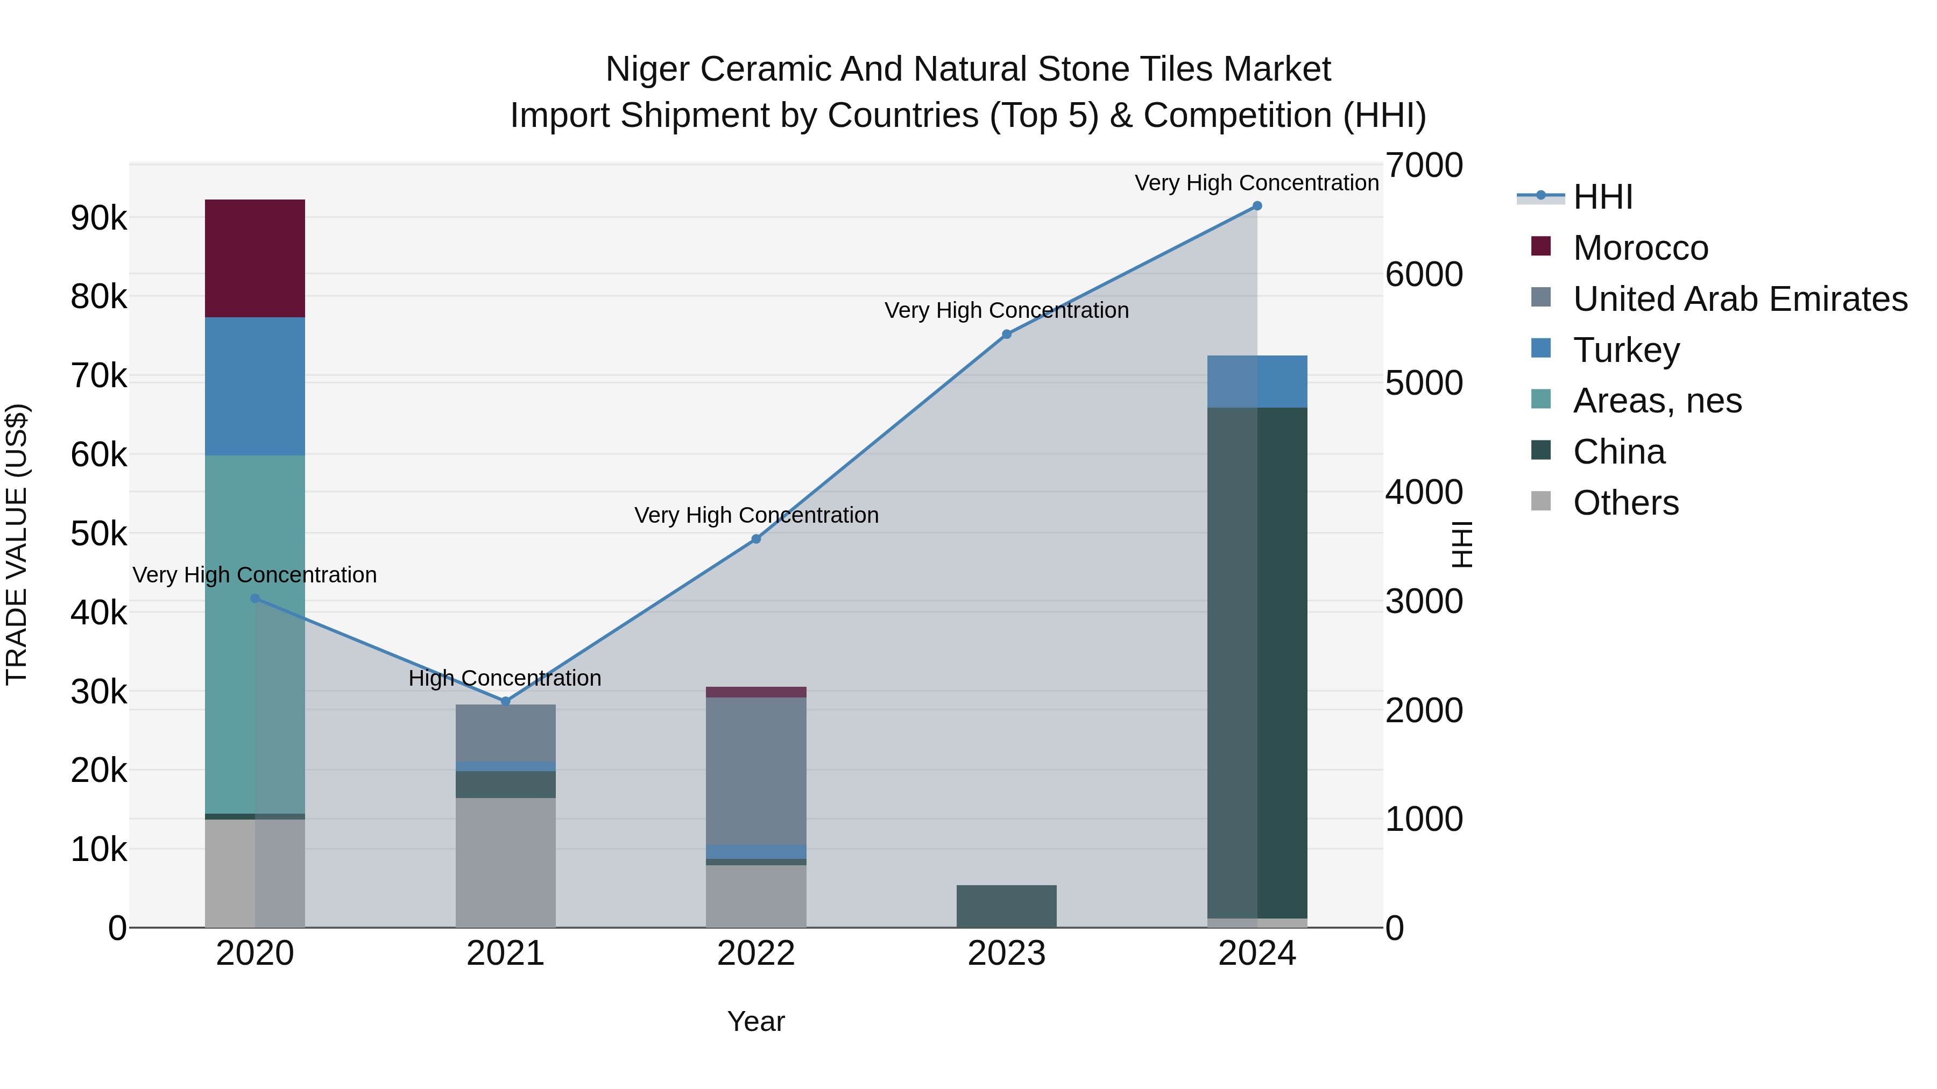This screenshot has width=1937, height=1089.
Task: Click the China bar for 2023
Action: click(x=1006, y=906)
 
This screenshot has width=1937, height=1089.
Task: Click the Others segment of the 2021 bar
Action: click(x=505, y=862)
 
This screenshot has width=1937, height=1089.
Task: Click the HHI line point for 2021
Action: click(x=505, y=701)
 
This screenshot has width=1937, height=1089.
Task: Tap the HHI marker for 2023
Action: click(x=1006, y=334)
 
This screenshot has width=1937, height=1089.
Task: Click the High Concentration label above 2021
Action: click(x=505, y=678)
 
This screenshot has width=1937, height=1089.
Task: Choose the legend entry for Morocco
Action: click(x=1640, y=248)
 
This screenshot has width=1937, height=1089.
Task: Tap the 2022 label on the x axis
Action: click(x=756, y=953)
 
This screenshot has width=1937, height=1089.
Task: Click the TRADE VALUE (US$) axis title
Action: click(x=17, y=544)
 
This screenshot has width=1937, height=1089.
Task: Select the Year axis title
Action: click(x=756, y=1021)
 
